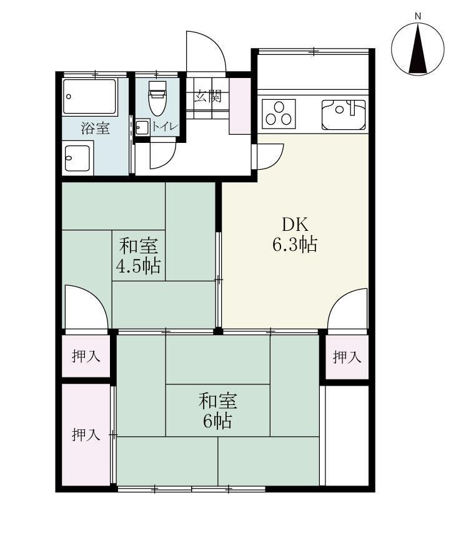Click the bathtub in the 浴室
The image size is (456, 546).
[90, 96]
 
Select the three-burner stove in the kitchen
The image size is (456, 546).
[279, 114]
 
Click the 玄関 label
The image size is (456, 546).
[207, 96]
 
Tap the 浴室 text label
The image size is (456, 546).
[96, 129]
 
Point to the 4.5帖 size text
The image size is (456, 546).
[138, 266]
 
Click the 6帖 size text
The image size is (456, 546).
[217, 421]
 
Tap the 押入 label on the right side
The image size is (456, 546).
[346, 358]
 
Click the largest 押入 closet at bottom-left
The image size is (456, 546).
[86, 435]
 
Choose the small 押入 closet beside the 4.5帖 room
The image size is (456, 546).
[86, 357]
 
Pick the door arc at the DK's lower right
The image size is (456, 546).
[349, 309]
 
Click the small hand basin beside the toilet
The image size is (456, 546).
[141, 128]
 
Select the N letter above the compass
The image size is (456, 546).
[419, 16]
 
